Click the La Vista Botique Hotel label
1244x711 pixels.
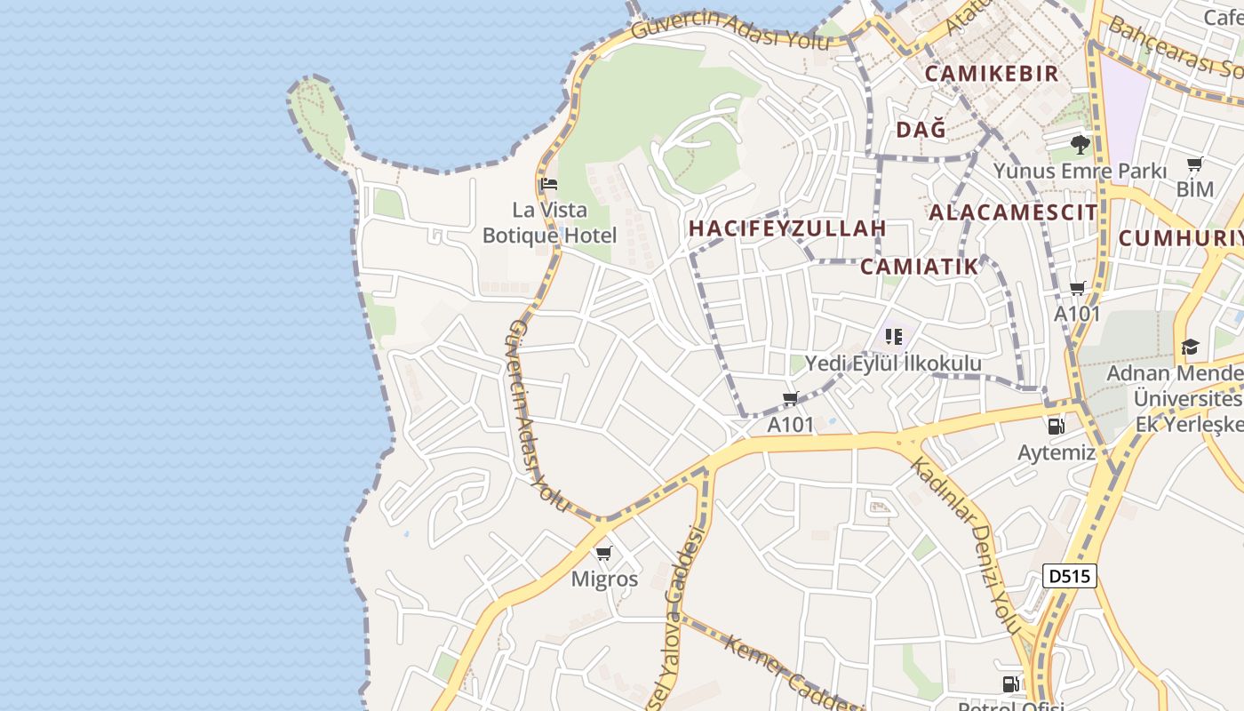tap(549, 223)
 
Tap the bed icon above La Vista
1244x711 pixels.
tap(549, 185)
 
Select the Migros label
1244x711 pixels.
tap(604, 579)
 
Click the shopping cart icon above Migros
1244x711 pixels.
tap(604, 554)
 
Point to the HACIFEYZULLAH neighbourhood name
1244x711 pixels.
tap(787, 228)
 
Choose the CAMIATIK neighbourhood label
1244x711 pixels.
tap(919, 267)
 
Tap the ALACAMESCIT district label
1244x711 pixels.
tap(1013, 212)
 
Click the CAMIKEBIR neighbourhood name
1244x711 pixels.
tap(992, 74)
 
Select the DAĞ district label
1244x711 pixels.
tap(921, 131)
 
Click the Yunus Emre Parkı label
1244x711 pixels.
tap(1079, 170)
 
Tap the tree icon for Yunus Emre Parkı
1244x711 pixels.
tap(1081, 144)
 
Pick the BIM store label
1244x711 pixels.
tap(1194, 189)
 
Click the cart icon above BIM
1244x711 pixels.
tap(1195, 164)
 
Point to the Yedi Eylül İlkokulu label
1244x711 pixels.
tap(893, 363)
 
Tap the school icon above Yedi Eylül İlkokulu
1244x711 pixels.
tap(894, 337)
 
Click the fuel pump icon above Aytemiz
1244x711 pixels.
tap(1057, 427)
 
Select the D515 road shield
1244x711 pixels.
tap(1069, 576)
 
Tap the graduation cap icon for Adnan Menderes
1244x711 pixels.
tap(1190, 347)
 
